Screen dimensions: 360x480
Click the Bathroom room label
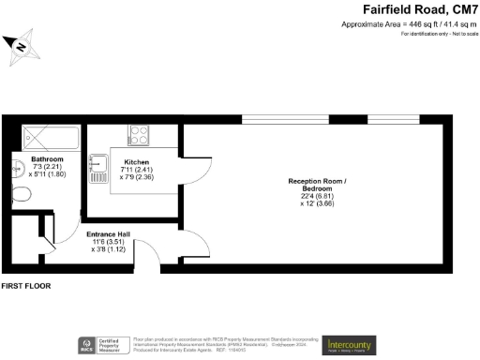[46, 160]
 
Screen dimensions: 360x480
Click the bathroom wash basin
[17, 170]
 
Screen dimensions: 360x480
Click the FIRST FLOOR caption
[25, 285]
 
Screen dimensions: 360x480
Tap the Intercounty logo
[349, 343]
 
